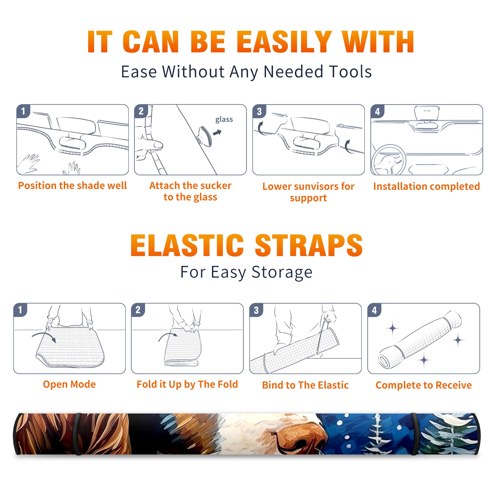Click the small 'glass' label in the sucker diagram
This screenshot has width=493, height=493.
click(224, 120)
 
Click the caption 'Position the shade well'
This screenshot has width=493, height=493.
click(72, 185)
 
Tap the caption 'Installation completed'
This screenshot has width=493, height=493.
click(426, 186)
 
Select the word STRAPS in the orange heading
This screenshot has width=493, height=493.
click(309, 245)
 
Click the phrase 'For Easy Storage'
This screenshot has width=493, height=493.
click(246, 272)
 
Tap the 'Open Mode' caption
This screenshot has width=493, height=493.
click(69, 384)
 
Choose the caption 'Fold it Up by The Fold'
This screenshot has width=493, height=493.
click(187, 385)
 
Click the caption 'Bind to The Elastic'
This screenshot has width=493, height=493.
click(305, 385)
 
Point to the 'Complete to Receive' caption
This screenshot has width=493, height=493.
click(424, 385)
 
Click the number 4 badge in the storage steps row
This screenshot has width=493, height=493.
click(374, 310)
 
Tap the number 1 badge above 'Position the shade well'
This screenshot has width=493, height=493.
click(23, 111)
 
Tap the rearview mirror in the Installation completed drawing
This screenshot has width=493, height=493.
click(427, 113)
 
